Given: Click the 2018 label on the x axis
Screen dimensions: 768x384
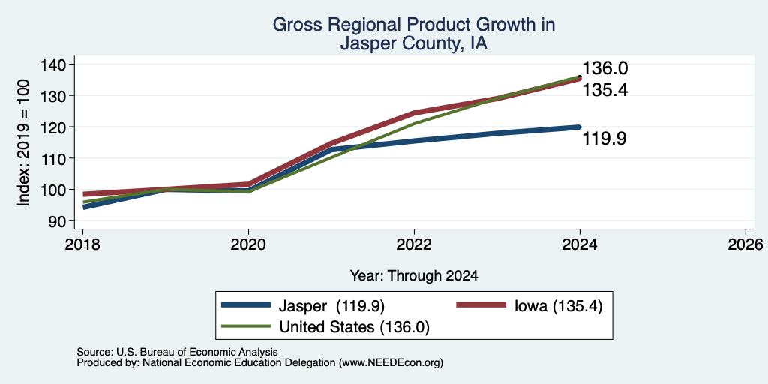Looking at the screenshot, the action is point(82,244).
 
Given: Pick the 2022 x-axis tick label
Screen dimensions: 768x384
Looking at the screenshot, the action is point(414,244).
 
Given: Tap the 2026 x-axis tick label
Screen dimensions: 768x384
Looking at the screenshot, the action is point(745,244).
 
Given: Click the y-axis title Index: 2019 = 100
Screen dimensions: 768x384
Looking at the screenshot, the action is point(23,142).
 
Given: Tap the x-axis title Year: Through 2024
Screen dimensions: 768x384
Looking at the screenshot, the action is point(414,276).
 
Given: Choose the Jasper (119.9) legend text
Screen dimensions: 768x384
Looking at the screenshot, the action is point(331,306).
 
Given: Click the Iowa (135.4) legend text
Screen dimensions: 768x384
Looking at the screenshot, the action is point(558,306).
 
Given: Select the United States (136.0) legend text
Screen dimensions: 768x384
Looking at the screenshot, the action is point(354,327).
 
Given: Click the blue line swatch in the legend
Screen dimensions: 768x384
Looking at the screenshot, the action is point(246,305).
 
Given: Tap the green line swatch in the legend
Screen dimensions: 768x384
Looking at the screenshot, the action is point(246,326).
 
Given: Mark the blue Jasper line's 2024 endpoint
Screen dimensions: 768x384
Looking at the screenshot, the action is point(580,127).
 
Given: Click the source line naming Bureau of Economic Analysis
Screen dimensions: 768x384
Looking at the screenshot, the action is point(177,352).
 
